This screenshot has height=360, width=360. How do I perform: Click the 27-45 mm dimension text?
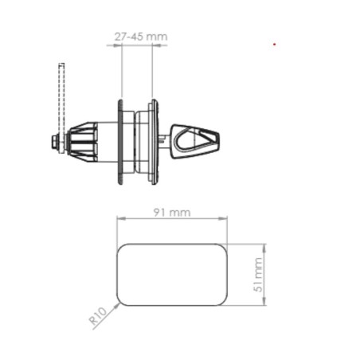coord(136,37)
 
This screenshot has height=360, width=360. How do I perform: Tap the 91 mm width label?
coord(172,213)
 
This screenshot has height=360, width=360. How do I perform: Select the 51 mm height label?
coord(257,275)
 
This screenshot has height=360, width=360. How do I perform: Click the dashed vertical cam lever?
coord(60,96)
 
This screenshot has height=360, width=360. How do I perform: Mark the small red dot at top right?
coord(275,44)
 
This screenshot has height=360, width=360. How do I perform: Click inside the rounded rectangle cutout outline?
coord(171,275)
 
